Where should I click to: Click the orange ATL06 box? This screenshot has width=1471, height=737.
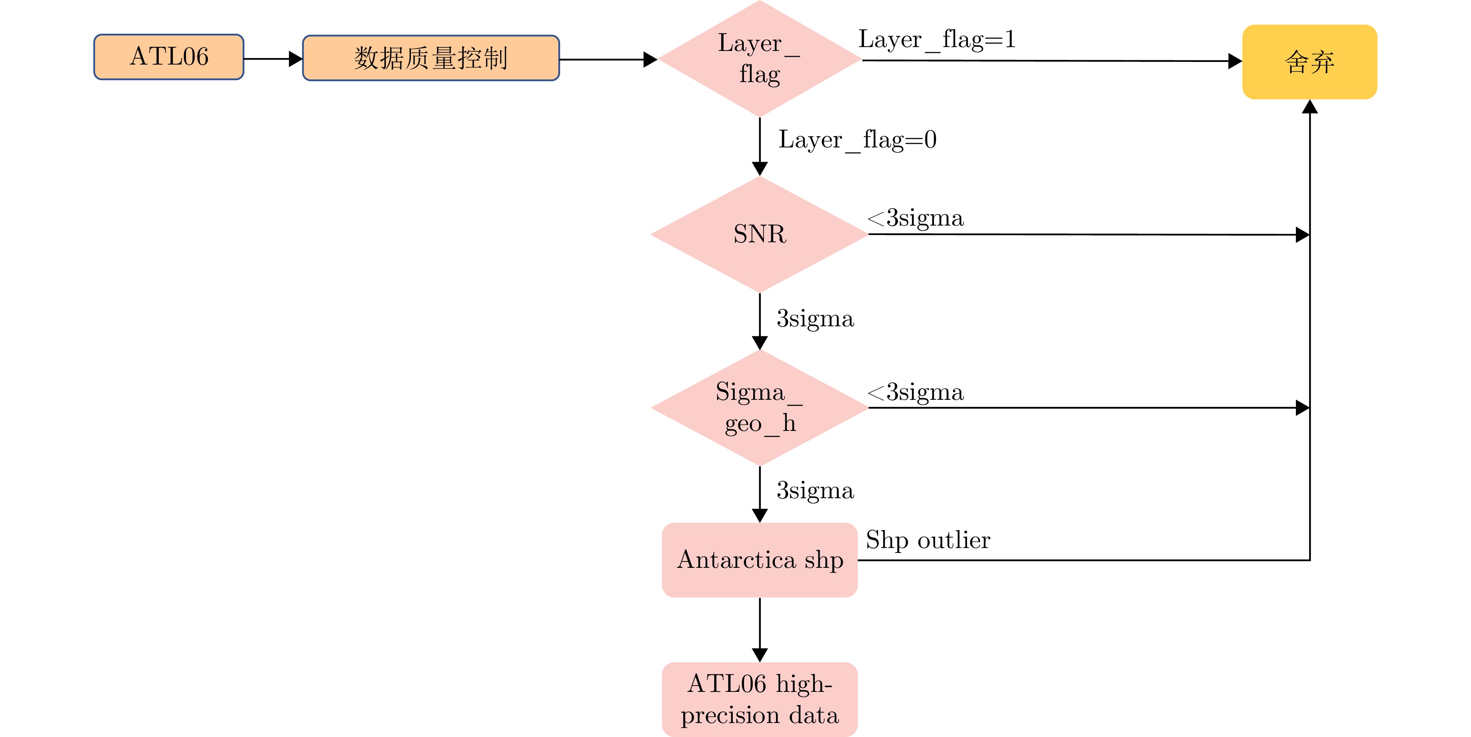click(169, 57)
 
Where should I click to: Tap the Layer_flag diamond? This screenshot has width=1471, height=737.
click(760, 59)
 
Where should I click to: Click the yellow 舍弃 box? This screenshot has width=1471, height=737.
click(1310, 62)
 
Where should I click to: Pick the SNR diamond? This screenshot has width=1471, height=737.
click(760, 234)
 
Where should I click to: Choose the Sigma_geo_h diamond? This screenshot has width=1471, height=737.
click(760, 408)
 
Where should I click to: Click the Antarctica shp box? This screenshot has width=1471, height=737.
click(760, 559)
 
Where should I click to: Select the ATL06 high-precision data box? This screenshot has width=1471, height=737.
click(760, 699)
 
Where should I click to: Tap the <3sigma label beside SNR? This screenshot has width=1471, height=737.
click(915, 218)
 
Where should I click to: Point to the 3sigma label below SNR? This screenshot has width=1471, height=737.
click(815, 319)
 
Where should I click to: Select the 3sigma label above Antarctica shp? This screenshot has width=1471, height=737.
click(815, 491)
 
